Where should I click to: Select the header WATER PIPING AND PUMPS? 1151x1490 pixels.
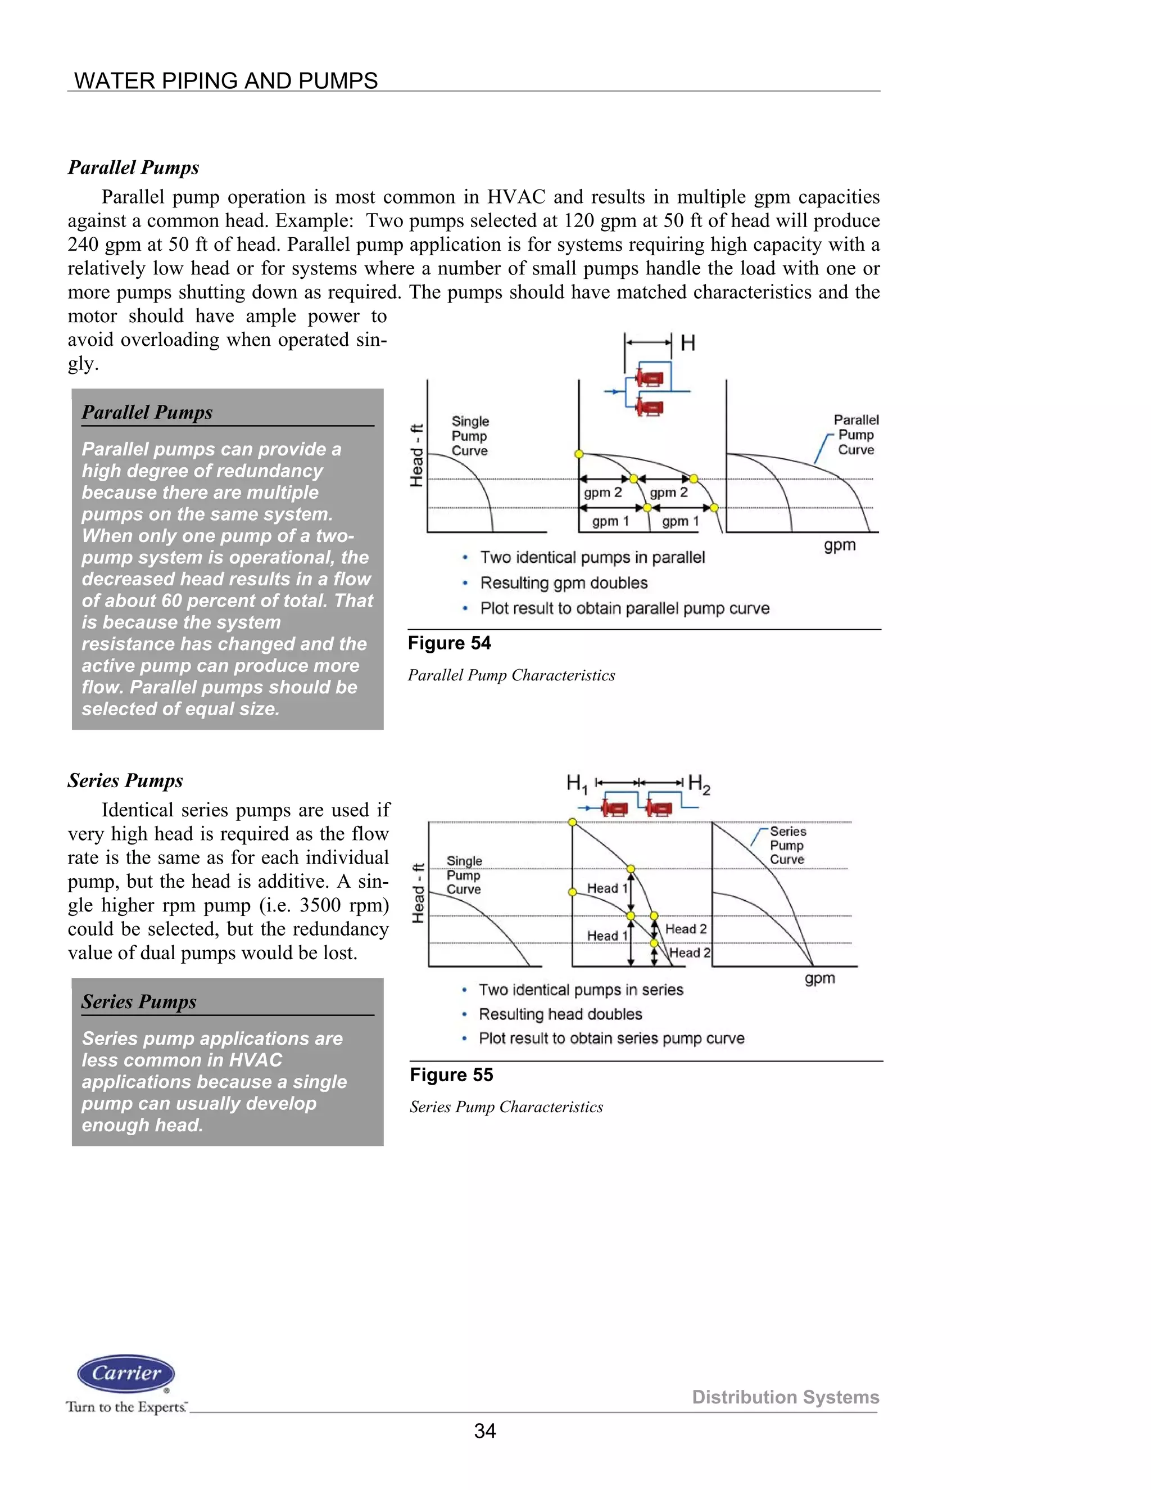[x=226, y=80]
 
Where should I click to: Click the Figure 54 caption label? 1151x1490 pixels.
[x=450, y=643]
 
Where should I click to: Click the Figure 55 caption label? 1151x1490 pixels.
[x=451, y=1075]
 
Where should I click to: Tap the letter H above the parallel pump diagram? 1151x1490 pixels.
[x=688, y=343]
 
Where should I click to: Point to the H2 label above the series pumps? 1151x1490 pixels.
[x=699, y=784]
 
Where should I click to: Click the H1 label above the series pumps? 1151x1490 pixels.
[x=577, y=784]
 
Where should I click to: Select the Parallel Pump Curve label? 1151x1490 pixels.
[x=856, y=435]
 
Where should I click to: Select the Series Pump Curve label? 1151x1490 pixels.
[x=787, y=845]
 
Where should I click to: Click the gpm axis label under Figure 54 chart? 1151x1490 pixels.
[x=840, y=545]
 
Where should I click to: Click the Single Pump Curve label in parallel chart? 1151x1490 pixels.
[x=470, y=436]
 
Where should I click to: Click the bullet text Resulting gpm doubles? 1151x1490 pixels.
[x=564, y=583]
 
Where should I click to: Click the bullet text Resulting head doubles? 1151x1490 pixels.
[x=560, y=1014]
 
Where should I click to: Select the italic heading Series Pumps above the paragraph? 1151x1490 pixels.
[x=125, y=780]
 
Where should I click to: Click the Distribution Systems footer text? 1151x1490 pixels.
[x=786, y=1397]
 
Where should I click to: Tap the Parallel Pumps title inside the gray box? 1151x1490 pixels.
[x=147, y=412]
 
